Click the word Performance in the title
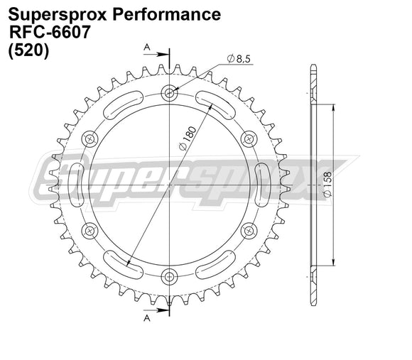[166, 14]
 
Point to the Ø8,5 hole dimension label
[238, 59]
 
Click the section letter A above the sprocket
[147, 47]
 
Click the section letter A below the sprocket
[147, 319]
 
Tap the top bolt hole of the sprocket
[169, 92]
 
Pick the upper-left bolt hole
[90, 138]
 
